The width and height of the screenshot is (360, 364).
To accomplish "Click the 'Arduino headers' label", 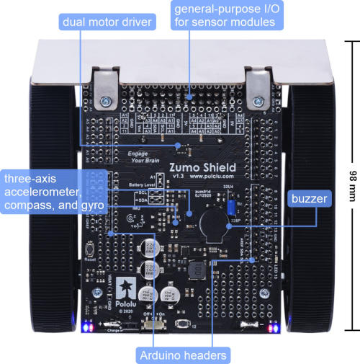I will [183, 354].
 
